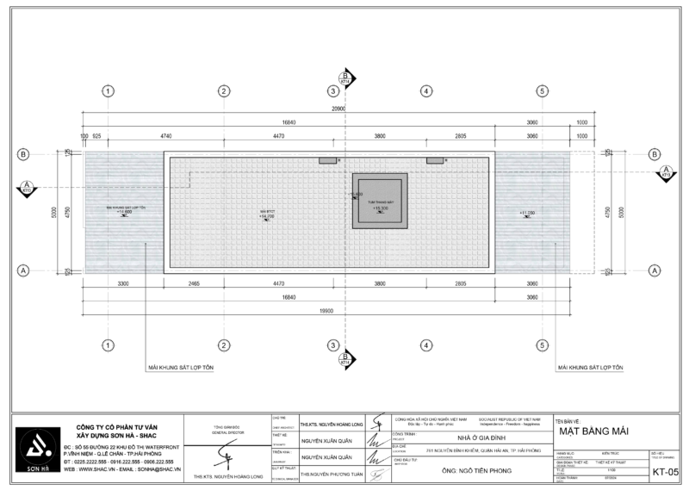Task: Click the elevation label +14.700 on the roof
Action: click(265, 215)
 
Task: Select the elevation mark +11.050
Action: click(527, 213)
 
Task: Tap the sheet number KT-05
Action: click(666, 471)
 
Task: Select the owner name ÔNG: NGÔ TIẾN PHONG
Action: click(465, 471)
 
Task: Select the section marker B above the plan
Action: click(345, 78)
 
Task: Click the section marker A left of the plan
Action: click(27, 186)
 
